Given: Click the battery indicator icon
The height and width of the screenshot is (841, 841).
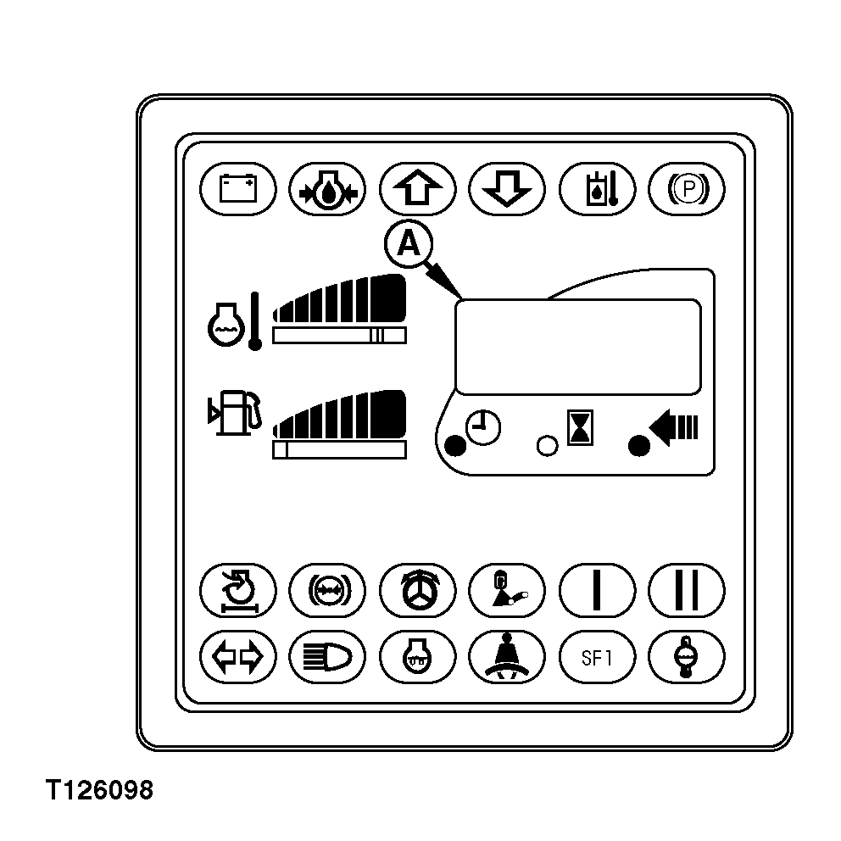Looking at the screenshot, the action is tap(238, 189).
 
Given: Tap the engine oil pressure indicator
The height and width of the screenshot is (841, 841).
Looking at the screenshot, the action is tap(327, 189).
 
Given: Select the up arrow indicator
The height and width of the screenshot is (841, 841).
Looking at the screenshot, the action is tap(417, 189).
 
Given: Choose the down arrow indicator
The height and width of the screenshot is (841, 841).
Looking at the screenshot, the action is tap(507, 189).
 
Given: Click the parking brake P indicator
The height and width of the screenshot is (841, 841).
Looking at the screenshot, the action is tap(687, 189).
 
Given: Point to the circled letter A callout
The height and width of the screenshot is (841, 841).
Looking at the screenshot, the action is tap(409, 244).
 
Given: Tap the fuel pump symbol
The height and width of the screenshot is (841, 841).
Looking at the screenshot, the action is tap(235, 412).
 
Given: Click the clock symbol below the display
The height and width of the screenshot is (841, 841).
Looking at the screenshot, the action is tap(483, 427).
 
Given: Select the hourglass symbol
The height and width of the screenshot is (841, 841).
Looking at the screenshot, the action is tap(581, 427).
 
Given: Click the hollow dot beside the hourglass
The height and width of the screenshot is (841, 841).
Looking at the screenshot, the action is tap(547, 446).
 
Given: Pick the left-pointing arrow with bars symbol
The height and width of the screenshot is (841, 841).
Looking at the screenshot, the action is tap(674, 427).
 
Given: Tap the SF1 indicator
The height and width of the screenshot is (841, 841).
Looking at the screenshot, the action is tap(597, 657).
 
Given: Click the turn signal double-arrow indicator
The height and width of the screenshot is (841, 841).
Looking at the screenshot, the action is tap(238, 657).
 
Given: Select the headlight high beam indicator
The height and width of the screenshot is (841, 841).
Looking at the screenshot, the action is tap(327, 657).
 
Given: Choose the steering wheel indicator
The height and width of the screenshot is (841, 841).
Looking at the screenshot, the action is tap(417, 590).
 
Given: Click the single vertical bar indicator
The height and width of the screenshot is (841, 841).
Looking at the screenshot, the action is tap(597, 590).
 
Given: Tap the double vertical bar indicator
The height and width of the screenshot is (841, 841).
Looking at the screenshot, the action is tap(687, 590).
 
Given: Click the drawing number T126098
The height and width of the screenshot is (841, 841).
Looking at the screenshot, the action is tap(100, 790).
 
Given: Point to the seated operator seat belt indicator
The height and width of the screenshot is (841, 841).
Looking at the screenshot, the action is tap(507, 657).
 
